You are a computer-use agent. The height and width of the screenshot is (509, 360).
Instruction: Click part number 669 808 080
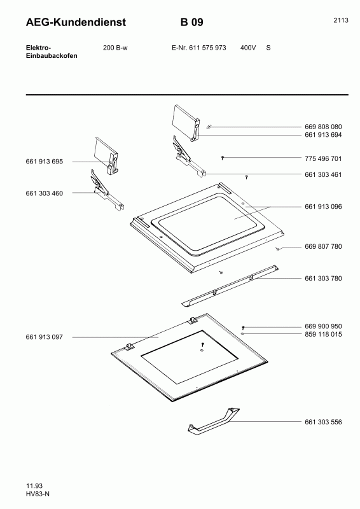pos(323,127)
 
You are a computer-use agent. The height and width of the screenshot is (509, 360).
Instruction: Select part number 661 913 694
pos(323,135)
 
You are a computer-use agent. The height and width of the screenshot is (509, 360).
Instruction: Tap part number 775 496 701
pos(323,158)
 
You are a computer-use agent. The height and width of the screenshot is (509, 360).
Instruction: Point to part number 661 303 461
pos(323,174)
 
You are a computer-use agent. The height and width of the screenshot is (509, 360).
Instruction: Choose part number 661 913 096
pos(323,207)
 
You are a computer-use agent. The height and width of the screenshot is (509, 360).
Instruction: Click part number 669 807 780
pos(323,247)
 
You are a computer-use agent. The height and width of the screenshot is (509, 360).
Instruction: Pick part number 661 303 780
pos(323,279)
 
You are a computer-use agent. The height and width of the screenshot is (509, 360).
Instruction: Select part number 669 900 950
pos(323,326)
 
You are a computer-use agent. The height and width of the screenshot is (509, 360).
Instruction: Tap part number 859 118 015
pos(323,335)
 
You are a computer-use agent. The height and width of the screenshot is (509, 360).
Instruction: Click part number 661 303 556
pos(323,422)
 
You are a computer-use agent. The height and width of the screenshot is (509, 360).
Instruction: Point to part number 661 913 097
pos(44,337)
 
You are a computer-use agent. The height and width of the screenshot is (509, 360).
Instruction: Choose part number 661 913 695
pos(44,162)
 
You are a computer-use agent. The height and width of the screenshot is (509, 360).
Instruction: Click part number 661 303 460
pos(44,193)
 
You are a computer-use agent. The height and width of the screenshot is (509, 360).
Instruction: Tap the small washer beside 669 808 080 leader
pos(209,127)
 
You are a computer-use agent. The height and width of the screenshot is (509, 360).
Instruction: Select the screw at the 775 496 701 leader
pos(223,158)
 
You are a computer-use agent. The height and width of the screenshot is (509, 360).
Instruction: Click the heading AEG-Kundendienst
pos(76,22)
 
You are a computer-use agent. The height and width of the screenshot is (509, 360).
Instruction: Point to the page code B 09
pos(192,22)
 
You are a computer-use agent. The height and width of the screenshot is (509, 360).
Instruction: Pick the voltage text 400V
pos(248,48)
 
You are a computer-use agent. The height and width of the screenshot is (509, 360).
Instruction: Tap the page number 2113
pos(341,20)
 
